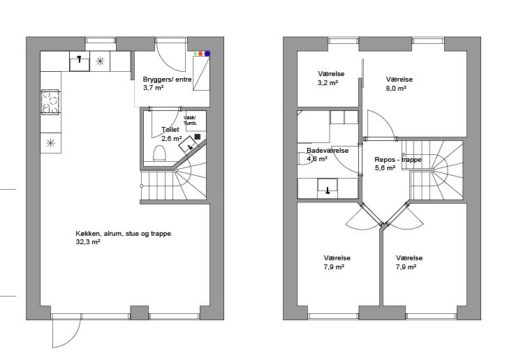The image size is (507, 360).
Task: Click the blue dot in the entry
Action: [x=207, y=53]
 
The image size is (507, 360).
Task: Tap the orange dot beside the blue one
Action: [x=200, y=53]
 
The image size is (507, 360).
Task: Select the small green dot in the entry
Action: [x=196, y=53]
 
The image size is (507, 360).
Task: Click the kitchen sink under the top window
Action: [x=80, y=61]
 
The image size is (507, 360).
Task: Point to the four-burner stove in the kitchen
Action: [x=50, y=101]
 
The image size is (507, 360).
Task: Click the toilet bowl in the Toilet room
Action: [x=159, y=153]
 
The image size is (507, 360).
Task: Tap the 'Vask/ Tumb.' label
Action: [x=190, y=120]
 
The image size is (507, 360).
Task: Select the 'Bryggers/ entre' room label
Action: [x=167, y=79]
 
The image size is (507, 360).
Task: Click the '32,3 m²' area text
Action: [x=87, y=242]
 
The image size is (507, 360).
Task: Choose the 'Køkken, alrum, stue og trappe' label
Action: [x=123, y=233]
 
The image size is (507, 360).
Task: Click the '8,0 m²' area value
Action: [x=396, y=88]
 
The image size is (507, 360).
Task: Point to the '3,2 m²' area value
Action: [x=328, y=83]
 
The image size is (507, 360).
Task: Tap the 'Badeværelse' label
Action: [x=328, y=150]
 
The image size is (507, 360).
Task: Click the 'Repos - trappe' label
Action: [x=398, y=159]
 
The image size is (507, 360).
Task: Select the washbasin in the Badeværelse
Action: [x=328, y=188]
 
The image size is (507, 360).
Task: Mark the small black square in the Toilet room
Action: [x=198, y=137]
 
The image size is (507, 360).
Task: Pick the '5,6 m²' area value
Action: [x=385, y=168]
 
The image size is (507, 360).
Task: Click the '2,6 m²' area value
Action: [x=171, y=139]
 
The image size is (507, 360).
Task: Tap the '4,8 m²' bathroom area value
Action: [x=317, y=158]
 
